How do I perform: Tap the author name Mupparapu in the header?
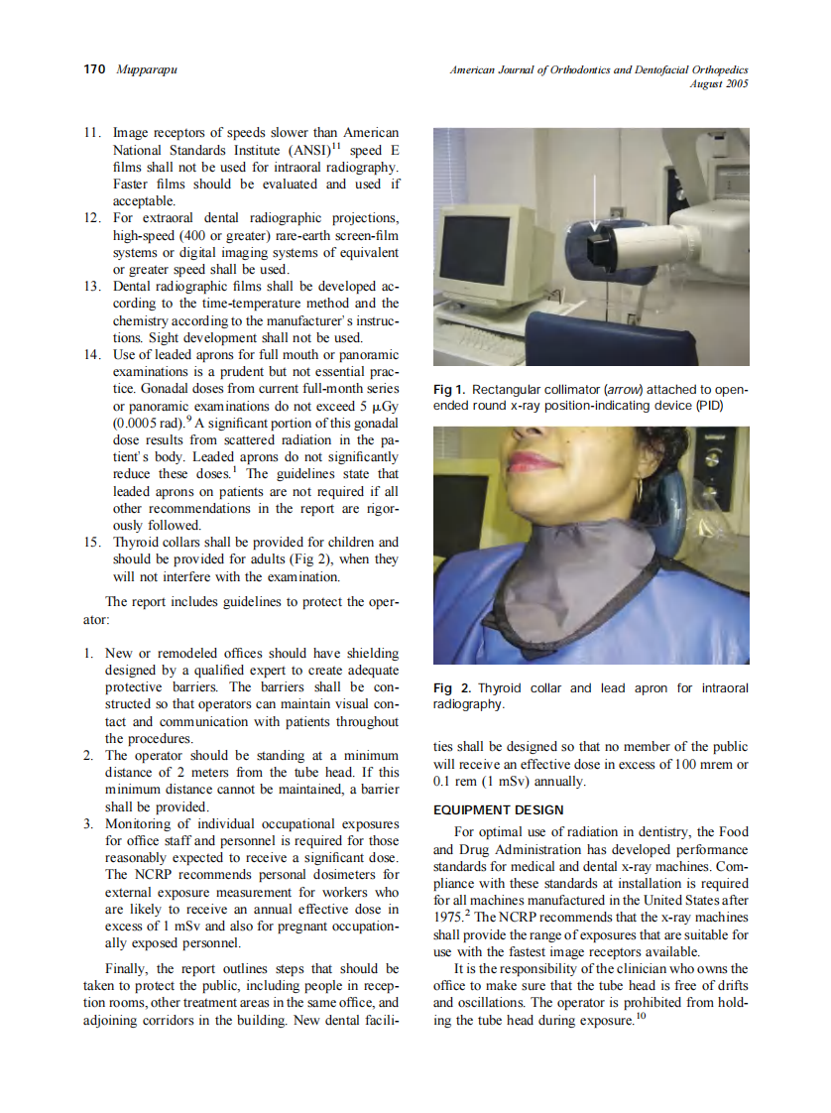click(x=140, y=69)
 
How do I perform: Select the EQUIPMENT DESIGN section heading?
click(x=498, y=809)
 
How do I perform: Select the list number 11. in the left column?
click(x=93, y=132)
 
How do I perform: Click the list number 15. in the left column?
click(x=93, y=542)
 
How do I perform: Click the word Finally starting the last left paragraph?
click(x=129, y=968)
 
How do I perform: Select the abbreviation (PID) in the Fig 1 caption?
click(x=708, y=406)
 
